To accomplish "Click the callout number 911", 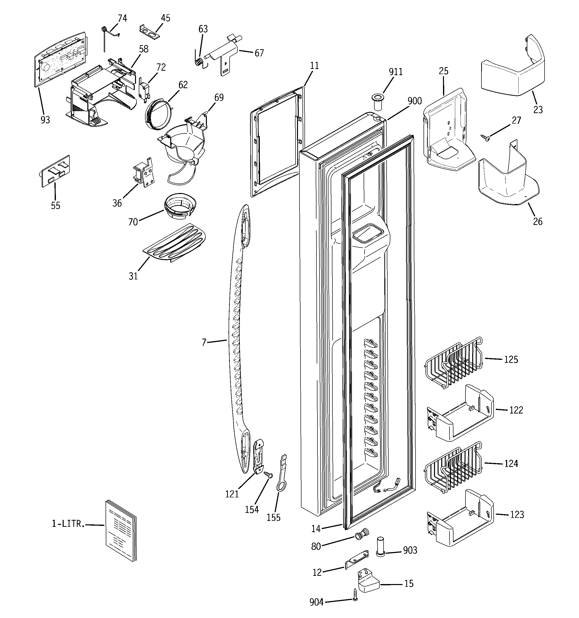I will pos(396,72).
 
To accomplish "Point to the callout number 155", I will pos(274,518).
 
